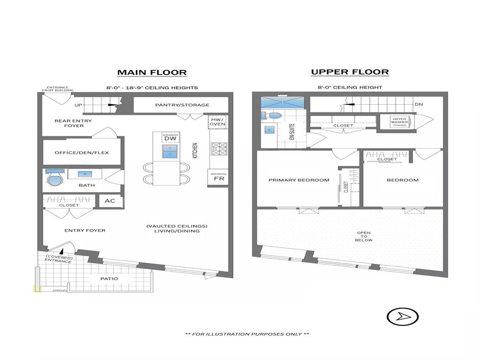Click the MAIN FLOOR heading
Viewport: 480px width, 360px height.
(152, 72)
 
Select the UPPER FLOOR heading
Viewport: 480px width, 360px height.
(350, 72)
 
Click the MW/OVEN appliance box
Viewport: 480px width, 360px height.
(217, 121)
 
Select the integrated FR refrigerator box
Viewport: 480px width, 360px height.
(218, 178)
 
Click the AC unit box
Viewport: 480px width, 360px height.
(110, 201)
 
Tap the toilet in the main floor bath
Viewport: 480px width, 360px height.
(54, 179)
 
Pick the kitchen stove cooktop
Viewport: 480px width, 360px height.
(218, 149)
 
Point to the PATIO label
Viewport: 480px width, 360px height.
(109, 279)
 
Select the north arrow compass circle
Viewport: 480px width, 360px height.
(402, 317)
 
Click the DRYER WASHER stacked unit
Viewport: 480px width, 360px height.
(399, 122)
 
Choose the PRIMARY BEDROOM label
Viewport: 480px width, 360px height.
(299, 180)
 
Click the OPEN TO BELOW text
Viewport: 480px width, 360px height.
(364, 237)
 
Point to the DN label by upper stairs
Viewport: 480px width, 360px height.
(419, 105)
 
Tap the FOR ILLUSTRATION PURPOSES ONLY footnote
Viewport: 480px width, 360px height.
(247, 334)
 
